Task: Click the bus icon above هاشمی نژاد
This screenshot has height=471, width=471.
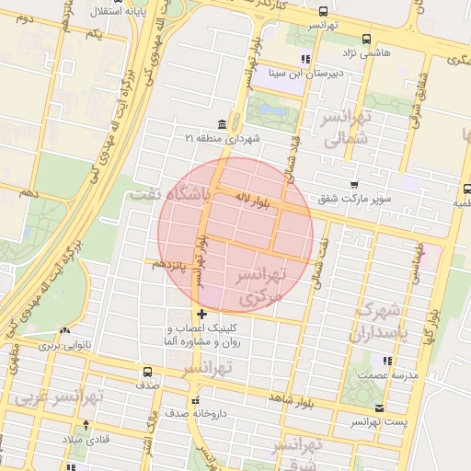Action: [x=367, y=39]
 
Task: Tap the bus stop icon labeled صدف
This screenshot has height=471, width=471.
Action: [x=148, y=373]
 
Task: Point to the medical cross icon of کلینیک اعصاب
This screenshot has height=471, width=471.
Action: [x=202, y=315]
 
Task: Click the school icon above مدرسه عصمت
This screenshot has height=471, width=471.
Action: [x=388, y=361]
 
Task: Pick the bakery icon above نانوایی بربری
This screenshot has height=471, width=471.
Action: [x=64, y=331]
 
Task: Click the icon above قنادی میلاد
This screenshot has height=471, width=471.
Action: [x=86, y=425]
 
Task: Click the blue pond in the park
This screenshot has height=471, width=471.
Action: [x=271, y=112]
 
